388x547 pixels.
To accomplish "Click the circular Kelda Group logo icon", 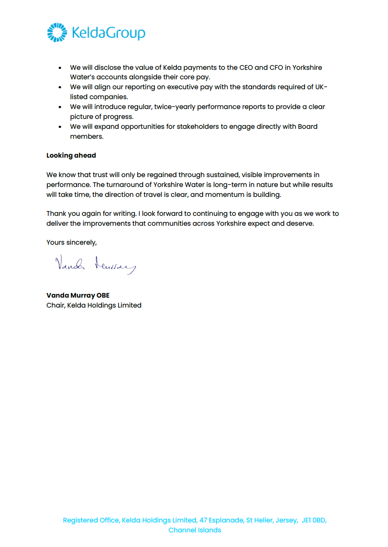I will [57, 33].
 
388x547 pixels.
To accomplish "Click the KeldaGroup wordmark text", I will [108, 33].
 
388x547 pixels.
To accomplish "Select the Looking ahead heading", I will [71, 155].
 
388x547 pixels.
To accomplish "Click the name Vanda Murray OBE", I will [78, 295].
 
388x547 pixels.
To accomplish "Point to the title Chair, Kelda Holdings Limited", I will [94, 305].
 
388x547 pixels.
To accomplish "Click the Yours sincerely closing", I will [71, 242].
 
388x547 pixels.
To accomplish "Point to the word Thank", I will [56, 214].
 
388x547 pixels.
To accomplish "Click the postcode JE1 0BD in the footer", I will [314, 520].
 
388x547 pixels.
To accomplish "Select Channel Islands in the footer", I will [195, 530].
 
